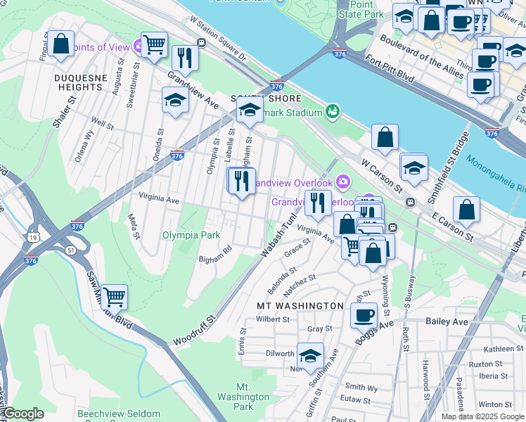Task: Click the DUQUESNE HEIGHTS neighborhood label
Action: click(81, 82)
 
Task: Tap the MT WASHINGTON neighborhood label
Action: click(300, 306)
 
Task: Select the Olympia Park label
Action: click(186, 235)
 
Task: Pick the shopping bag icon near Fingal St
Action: click(62, 44)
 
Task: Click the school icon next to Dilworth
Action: click(310, 355)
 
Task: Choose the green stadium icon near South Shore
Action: click(332, 111)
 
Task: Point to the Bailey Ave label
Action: click(447, 321)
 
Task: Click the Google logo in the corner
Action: click(23, 414)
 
